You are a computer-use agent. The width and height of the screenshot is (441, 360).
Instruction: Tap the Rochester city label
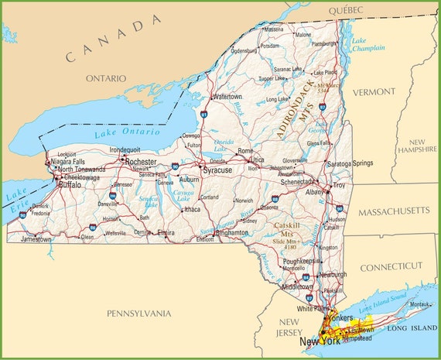(x=141, y=162)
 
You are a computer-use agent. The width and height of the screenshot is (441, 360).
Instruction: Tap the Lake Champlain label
(x=367, y=44)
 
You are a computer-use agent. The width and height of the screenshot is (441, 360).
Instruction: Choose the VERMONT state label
(x=374, y=91)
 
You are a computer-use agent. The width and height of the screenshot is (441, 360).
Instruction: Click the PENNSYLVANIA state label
(x=140, y=314)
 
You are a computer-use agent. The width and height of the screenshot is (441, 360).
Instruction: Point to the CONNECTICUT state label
(x=392, y=266)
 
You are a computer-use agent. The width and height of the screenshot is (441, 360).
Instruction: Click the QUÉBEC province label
(x=345, y=9)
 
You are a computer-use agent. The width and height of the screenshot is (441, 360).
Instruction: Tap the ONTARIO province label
(x=105, y=78)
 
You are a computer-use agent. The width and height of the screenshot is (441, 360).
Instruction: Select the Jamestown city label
(x=36, y=240)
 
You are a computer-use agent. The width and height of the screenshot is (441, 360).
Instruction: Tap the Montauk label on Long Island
(x=419, y=305)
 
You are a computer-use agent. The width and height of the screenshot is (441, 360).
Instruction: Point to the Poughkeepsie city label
(x=300, y=262)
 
